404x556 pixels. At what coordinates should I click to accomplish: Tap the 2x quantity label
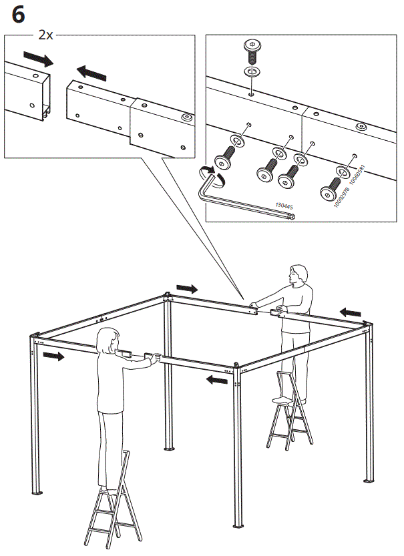[45, 35]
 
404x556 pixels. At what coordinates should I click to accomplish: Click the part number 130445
[283, 206]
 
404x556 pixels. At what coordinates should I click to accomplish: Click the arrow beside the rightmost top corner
[351, 312]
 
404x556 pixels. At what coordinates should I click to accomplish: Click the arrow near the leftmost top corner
[53, 356]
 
